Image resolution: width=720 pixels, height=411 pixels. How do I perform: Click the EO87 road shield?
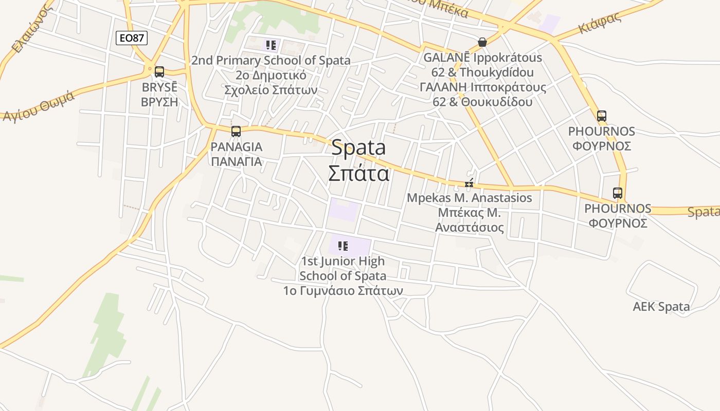coord(132,38)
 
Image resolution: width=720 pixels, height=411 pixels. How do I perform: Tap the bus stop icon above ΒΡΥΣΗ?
coord(159,71)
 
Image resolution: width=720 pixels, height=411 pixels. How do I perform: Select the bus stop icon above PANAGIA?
coord(236,131)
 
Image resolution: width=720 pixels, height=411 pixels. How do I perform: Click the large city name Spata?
coord(358,148)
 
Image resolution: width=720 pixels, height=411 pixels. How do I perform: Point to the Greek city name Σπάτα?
coord(358,174)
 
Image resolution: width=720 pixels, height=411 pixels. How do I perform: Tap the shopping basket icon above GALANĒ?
coord(482,42)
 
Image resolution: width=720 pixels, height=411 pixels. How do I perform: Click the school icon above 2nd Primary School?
coord(271,45)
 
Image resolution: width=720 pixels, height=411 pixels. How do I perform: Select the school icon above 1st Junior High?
coord(343,246)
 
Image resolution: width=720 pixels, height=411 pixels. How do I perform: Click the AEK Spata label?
coord(661,307)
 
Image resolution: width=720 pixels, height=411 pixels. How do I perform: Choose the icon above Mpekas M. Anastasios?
coord(469,183)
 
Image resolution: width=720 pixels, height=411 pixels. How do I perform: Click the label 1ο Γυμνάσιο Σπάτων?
coord(343,291)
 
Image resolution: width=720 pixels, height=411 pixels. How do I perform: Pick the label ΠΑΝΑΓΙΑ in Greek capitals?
coord(237,161)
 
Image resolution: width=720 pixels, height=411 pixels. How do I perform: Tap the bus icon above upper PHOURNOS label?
coord(602,116)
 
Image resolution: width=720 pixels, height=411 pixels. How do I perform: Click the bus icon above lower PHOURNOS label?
coord(618,193)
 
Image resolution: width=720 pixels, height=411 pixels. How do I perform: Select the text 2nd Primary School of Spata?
coord(271,61)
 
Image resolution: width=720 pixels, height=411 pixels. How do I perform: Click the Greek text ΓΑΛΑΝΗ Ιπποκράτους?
coord(483,87)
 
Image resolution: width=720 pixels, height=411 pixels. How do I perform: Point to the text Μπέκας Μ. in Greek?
coord(469,212)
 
